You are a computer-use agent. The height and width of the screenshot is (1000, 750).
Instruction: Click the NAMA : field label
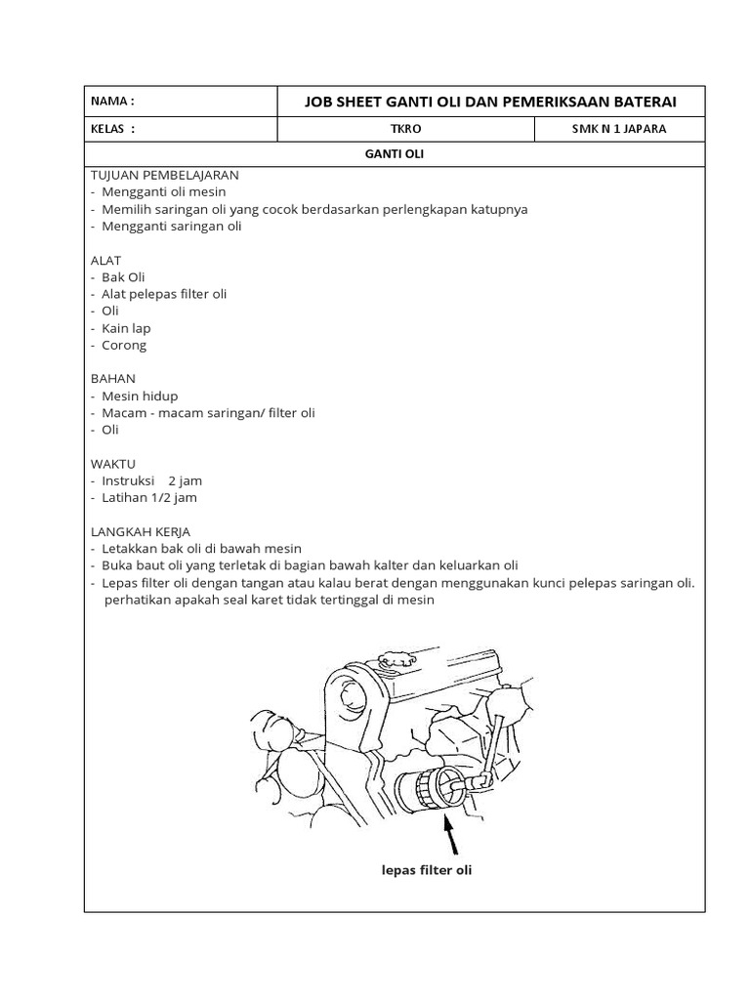point(112,102)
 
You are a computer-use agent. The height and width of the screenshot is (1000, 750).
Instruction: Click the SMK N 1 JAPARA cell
point(619,128)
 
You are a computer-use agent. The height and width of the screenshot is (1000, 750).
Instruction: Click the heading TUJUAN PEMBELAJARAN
point(164,175)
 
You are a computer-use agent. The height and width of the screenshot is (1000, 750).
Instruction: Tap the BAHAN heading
point(112,378)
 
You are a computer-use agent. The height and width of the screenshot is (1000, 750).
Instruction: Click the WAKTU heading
point(113,463)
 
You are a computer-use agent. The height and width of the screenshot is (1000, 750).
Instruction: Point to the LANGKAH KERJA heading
point(141,531)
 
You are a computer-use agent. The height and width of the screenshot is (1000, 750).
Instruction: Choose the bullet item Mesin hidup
point(139,396)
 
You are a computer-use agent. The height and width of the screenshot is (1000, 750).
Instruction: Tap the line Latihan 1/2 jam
point(148,498)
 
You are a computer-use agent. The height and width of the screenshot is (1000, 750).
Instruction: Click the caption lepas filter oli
point(427,870)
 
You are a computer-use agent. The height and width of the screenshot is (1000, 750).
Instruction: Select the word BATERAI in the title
point(639,102)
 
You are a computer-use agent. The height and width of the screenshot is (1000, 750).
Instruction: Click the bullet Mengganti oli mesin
point(162,192)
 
